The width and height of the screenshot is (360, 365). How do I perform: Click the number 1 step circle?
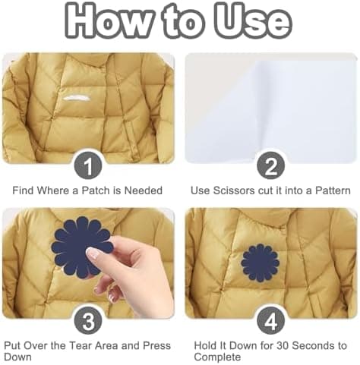point(88,166)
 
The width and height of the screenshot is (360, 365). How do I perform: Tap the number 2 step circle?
point(270,166)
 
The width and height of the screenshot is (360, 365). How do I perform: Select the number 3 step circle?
point(88,322)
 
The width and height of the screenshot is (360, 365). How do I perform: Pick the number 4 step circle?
point(270,322)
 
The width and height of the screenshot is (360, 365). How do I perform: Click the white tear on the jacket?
point(76,98)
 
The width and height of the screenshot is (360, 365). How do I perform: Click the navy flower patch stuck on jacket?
point(260,263)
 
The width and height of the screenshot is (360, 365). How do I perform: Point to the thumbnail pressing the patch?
point(92,253)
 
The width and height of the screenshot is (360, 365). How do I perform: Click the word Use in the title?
point(254,20)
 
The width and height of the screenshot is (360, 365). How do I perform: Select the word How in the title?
point(109,20)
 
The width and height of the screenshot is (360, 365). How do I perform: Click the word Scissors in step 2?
point(234,190)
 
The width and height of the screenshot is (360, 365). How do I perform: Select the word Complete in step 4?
point(217,357)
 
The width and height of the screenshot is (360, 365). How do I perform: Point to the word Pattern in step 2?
point(333,190)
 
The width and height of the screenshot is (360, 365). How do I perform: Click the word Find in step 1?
point(24,190)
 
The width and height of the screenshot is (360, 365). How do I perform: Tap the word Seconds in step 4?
point(313,345)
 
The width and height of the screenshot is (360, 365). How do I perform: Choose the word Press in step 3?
point(157,345)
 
